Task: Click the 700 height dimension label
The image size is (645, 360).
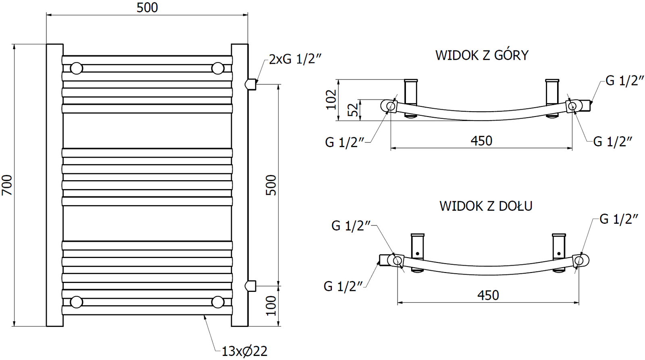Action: point(7,185)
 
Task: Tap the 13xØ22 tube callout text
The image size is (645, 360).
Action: point(244,351)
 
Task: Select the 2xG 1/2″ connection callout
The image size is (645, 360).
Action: point(295,59)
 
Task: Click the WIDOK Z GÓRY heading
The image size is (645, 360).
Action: point(482,55)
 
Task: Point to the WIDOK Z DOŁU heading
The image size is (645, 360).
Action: point(486,206)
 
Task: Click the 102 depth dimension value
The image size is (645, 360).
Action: point(331,100)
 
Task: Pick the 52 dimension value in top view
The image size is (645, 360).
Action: point(353,110)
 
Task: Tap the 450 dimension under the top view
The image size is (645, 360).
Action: point(481,141)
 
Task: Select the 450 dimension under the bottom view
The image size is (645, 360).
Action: point(488,295)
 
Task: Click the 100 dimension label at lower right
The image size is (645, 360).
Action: point(271,306)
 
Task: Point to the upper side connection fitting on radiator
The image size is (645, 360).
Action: point(251,84)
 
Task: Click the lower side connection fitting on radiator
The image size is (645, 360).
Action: point(251,286)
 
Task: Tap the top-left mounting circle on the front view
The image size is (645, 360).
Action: point(76,68)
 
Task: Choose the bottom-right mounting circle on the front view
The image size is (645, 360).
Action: point(218,302)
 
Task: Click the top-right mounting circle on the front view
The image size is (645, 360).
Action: point(218,68)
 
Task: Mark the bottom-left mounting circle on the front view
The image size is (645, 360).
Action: point(76,302)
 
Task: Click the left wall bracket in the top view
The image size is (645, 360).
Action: point(411,98)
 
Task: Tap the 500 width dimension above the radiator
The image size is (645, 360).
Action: point(147,8)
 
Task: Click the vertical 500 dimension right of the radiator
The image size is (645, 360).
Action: point(271,185)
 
